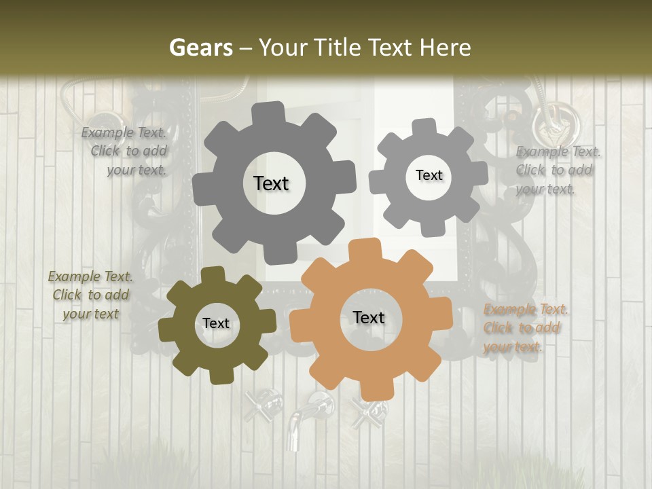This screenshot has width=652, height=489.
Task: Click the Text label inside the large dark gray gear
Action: coord(271,183)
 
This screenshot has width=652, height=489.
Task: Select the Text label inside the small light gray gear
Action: coord(429,175)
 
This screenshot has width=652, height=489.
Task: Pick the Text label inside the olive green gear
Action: coord(216,323)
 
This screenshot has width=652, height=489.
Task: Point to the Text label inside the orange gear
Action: coord(369,317)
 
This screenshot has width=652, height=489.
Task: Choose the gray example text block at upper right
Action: coord(557,170)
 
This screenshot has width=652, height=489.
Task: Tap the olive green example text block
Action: coord(90,295)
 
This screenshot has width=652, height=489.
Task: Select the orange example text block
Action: coord(525,328)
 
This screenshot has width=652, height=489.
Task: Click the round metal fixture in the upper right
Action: coord(556,122)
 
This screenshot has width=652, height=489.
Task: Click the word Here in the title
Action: coord(446,48)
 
